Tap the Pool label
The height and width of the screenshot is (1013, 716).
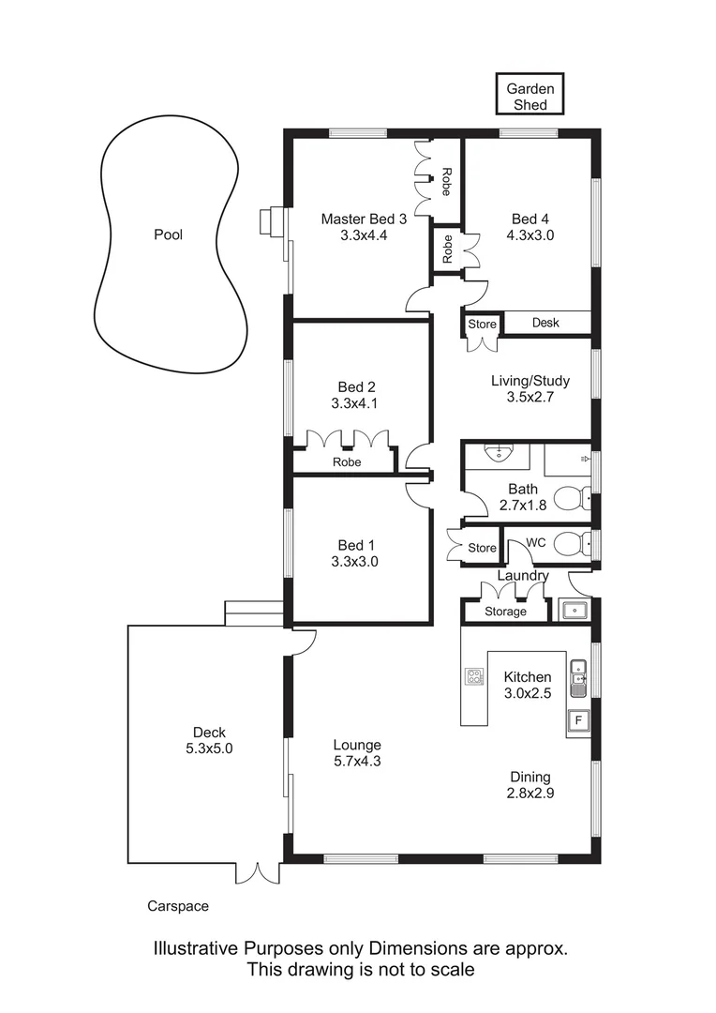(x=168, y=234)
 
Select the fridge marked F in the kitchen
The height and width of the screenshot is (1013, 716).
(x=578, y=721)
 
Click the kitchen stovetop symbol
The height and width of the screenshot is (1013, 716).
(x=474, y=676)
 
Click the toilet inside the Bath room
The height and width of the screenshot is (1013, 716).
(x=569, y=498)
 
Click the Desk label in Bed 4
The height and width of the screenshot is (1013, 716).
(x=544, y=323)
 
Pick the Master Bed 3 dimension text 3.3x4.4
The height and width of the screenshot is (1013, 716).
(x=364, y=235)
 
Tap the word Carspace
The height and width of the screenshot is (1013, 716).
(x=178, y=906)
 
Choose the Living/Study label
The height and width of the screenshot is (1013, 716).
(x=530, y=381)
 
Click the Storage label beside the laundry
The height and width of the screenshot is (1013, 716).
(x=505, y=612)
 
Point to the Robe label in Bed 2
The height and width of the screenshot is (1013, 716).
(x=347, y=462)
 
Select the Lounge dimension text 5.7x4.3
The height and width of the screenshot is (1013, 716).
(x=357, y=761)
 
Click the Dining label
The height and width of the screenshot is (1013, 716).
(x=530, y=777)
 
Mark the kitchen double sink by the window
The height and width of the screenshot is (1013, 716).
(x=580, y=675)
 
